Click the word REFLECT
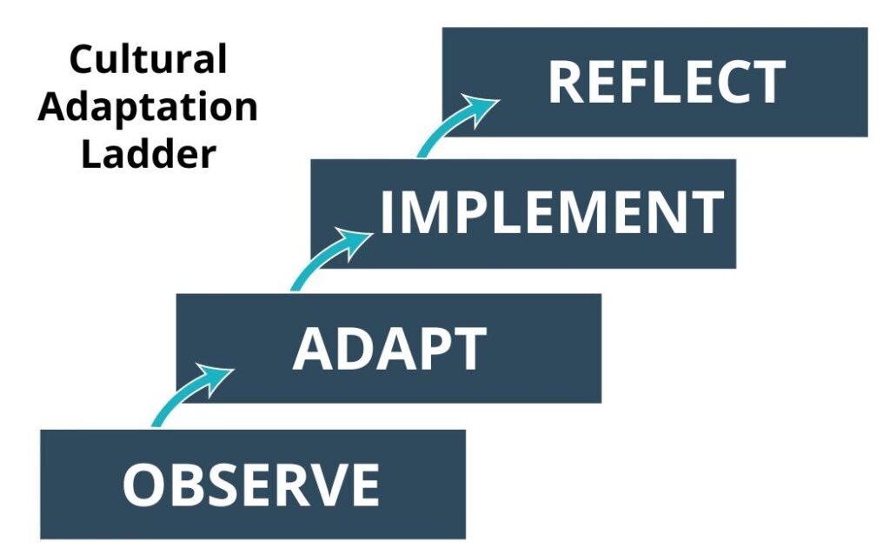667,83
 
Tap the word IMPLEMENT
552,212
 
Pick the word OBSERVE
251,485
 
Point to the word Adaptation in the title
148,108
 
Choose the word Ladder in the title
148,155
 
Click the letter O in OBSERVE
141,485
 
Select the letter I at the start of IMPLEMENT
388,212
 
